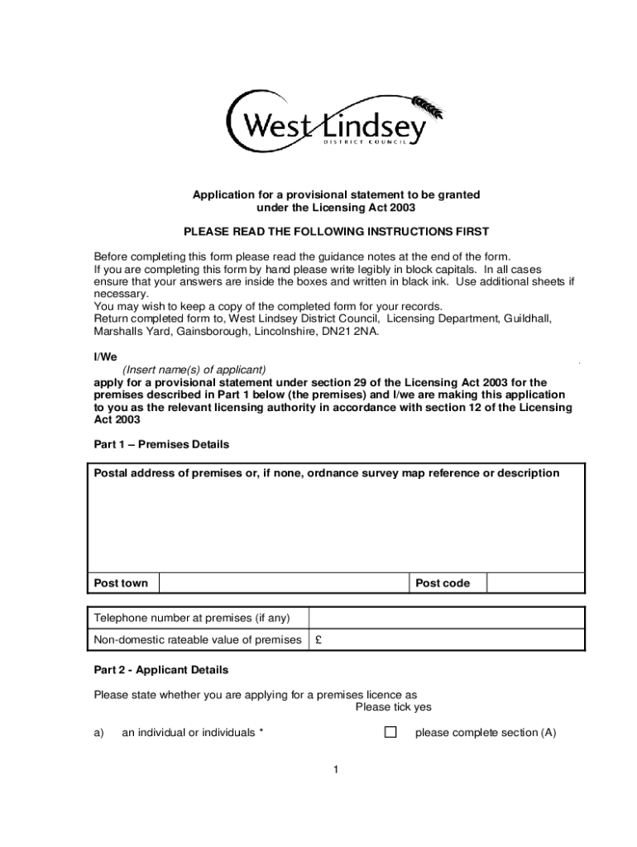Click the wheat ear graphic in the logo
click(429, 108)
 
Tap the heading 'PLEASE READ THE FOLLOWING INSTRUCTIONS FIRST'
click(336, 231)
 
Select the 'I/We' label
click(105, 357)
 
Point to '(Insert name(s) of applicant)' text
click(194, 369)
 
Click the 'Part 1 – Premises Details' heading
click(161, 444)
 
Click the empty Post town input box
click(283, 583)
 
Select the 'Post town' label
click(121, 583)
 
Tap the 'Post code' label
click(442, 583)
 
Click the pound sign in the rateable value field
click(318, 639)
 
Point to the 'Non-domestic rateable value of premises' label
click(197, 639)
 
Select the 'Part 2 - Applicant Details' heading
click(160, 669)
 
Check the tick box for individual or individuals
click(390, 732)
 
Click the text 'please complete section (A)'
click(485, 732)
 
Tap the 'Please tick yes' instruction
click(393, 707)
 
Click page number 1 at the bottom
click(336, 770)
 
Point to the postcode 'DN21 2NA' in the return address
click(353, 332)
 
